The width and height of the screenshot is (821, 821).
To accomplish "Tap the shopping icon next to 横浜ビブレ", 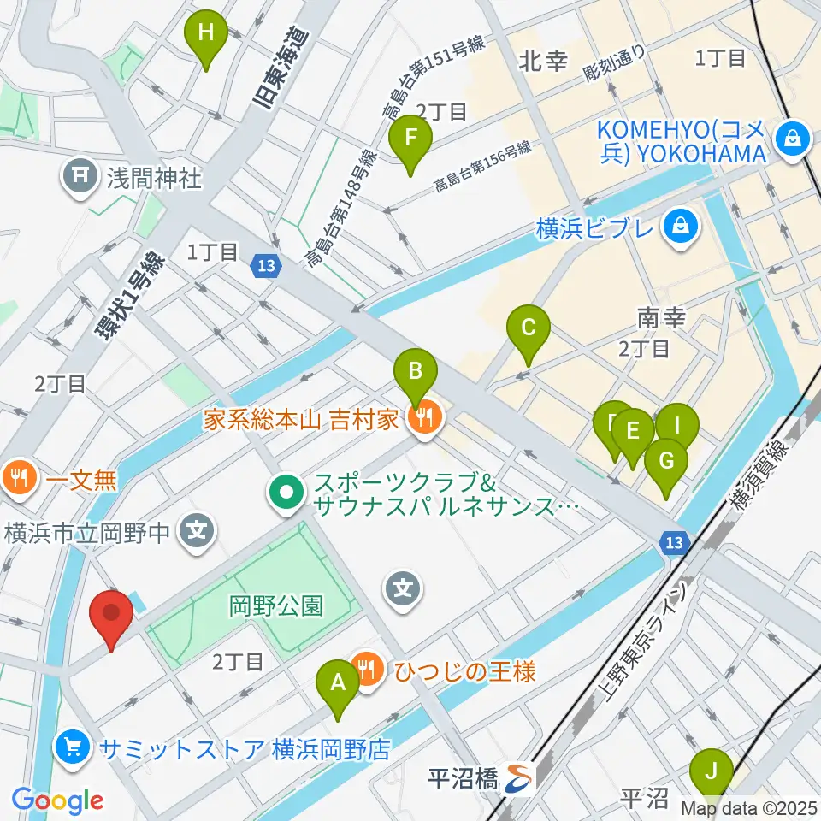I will tap(683, 227).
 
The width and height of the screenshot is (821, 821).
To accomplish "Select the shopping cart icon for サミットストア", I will tap(74, 749).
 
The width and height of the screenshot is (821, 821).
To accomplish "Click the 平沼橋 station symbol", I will tap(517, 777).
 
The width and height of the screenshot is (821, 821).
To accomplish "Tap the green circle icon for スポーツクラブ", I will tap(286, 493).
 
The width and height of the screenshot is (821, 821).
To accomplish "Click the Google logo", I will tap(57, 800).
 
